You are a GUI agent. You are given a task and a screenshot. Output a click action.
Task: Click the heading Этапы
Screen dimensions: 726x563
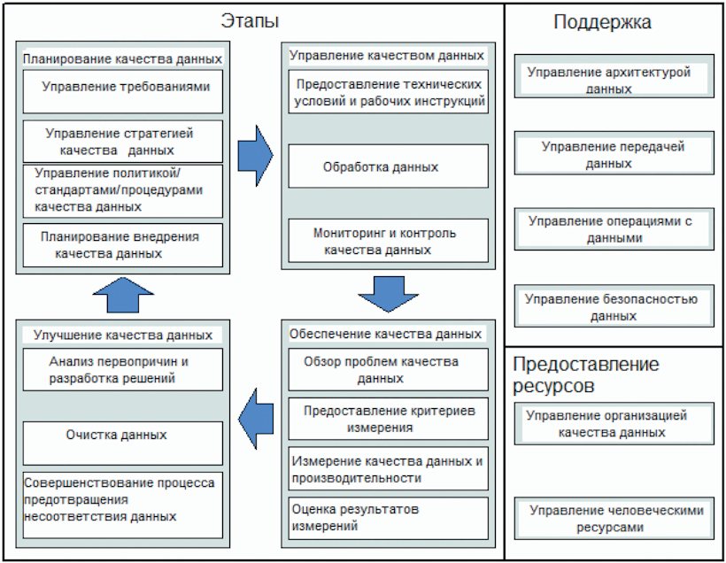[250, 21]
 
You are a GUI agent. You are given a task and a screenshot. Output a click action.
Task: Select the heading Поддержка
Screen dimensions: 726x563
[602, 22]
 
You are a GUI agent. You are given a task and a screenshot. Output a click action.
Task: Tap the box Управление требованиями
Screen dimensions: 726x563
[123, 92]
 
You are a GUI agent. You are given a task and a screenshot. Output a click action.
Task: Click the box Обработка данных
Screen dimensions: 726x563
[388, 166]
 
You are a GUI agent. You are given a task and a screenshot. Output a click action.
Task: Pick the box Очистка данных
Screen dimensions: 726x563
[123, 443]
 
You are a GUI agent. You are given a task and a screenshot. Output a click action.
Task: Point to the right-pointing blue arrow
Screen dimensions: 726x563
[255, 156]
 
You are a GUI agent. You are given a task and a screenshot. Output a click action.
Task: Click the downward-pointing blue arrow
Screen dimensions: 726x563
[388, 295]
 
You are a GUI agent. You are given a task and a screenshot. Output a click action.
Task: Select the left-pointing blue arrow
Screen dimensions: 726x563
[256, 419]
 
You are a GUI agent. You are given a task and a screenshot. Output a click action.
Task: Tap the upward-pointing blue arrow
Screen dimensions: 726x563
[123, 295]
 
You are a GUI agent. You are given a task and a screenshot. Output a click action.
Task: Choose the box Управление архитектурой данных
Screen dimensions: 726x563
[614, 76]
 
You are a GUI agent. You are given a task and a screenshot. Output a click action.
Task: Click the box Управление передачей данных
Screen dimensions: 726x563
[614, 153]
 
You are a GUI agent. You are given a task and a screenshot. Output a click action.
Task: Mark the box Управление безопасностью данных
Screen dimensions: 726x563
[614, 305]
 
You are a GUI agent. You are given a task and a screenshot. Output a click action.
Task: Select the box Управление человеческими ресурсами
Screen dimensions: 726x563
[614, 519]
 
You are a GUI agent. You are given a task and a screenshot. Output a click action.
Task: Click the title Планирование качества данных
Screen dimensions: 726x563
[122, 59]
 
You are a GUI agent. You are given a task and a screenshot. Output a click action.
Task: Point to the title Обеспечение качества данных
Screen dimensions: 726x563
[386, 334]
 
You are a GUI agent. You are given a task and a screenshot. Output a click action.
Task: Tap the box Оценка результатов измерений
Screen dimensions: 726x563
[388, 518]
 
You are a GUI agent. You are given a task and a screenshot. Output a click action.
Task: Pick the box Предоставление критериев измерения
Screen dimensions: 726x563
[388, 419]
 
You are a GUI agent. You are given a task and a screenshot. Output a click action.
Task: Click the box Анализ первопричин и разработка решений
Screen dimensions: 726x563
[123, 369]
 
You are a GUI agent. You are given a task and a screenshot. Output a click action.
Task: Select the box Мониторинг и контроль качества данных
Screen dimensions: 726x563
[388, 241]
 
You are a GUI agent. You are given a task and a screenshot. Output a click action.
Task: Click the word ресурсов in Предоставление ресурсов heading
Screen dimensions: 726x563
[553, 386]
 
